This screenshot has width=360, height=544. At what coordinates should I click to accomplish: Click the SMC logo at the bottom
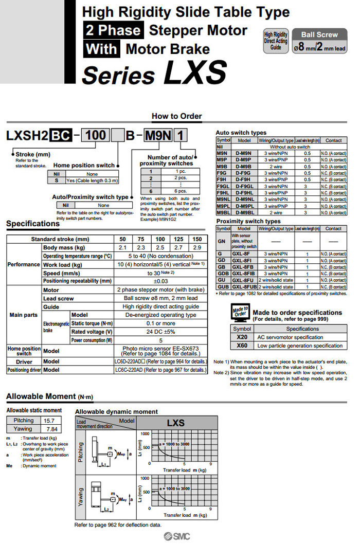coord(176,536)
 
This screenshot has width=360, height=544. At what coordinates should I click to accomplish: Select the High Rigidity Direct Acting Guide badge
coord(276,41)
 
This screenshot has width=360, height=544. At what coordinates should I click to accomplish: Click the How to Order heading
coord(177,116)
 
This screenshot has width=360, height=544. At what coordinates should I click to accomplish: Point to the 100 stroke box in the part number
coord(96,135)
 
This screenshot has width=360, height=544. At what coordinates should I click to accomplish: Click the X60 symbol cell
coord(242,346)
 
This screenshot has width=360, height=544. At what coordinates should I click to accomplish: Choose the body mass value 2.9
coord(197,248)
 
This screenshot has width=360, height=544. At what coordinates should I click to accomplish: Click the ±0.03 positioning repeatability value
coord(160,281)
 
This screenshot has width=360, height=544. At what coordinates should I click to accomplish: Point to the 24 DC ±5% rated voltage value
coord(160,331)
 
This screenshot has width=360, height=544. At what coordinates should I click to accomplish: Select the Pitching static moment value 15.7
coord(50,421)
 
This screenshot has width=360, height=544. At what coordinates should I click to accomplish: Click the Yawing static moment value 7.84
coord(50,429)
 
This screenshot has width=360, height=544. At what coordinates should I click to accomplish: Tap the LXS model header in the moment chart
coord(175,423)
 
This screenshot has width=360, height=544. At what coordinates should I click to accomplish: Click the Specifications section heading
coord(33,224)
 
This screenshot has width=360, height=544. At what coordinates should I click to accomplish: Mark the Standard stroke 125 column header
coord(178,240)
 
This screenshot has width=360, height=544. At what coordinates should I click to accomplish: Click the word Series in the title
coord(119,75)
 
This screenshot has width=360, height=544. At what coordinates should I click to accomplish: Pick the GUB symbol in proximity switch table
coord(223,287)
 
